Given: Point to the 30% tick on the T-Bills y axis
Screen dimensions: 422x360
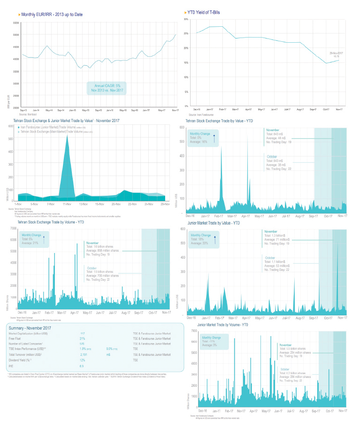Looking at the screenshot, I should click(x=186, y=19).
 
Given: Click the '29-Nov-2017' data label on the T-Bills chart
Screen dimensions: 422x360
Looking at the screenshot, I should click(x=336, y=53).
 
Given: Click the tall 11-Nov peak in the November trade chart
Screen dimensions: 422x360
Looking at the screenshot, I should click(x=67, y=141).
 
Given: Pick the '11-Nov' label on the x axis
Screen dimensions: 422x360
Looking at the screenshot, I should click(x=67, y=204).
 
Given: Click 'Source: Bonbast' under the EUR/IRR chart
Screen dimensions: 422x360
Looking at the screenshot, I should click(x=29, y=114).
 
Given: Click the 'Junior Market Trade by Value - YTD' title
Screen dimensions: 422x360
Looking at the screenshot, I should click(x=214, y=223).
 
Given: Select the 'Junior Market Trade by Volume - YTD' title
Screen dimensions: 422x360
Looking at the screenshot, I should click(x=223, y=325).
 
